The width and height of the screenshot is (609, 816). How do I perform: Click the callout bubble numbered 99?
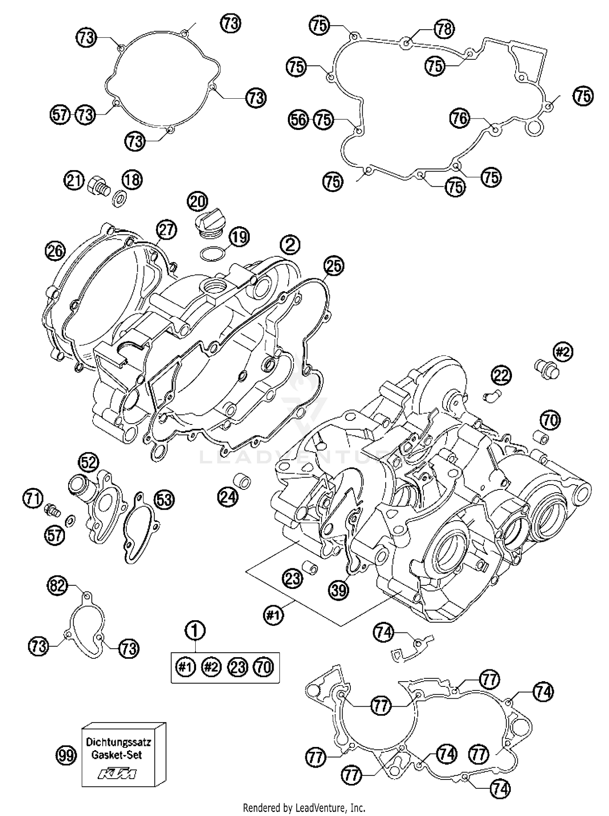click(66, 756)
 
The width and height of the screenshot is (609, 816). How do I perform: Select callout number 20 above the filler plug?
click(197, 202)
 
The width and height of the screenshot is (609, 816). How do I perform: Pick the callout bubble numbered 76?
click(460, 118)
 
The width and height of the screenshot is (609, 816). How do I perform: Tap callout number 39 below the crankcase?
click(338, 590)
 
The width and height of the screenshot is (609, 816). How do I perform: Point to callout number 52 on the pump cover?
click(89, 462)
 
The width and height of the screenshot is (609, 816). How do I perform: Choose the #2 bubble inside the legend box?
click(211, 667)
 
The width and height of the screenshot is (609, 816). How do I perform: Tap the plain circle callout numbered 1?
click(195, 631)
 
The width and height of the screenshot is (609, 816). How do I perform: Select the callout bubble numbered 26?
click(55, 251)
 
